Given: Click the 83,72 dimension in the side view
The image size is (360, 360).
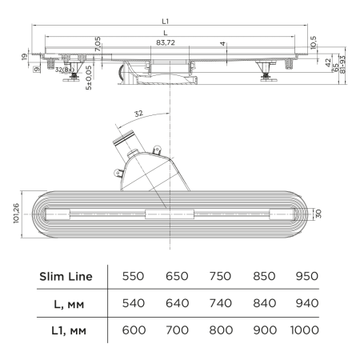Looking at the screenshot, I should (x=166, y=41).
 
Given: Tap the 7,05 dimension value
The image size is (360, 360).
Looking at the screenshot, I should (x=97, y=45).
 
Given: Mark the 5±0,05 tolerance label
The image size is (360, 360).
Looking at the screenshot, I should (x=90, y=76).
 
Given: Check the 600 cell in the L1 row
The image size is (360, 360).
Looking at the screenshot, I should (x=133, y=329).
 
